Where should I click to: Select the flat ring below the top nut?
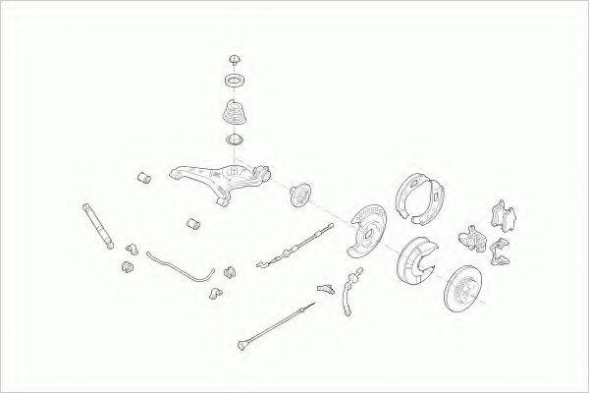(x=235, y=79)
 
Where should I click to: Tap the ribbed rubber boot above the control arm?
(x=233, y=113)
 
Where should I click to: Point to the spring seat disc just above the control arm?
(x=236, y=144)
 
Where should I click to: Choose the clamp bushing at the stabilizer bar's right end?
(x=231, y=272)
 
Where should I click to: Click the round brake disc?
(x=469, y=290)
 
